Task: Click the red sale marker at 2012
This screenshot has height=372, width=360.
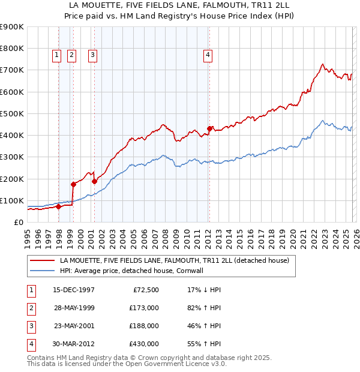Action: coord(209,128)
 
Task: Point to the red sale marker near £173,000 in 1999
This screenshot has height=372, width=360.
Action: coord(73,184)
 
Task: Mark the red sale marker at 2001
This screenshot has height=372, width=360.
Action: coord(94,181)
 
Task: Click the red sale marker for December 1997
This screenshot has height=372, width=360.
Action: coord(58,206)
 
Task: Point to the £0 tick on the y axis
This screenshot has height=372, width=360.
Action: coord(19,223)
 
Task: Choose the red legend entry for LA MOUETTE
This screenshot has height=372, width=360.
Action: coord(175,260)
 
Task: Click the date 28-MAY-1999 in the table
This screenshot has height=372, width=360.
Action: coord(74,308)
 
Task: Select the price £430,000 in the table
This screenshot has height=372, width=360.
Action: coord(143,344)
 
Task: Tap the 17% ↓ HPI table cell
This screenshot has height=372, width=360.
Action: coord(204,290)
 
